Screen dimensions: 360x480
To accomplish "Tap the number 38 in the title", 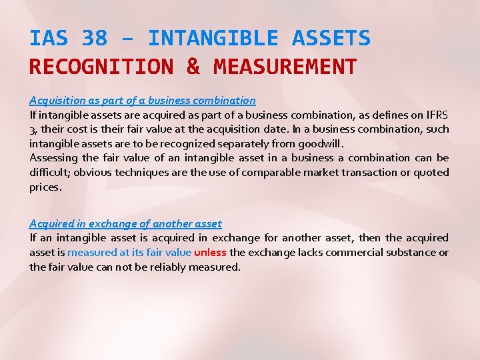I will coord(94,38).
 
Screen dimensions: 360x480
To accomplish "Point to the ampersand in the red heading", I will coord(193,67).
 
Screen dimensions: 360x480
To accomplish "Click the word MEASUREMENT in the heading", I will coord(285,67).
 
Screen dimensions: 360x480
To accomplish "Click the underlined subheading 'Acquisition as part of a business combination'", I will coord(142,101).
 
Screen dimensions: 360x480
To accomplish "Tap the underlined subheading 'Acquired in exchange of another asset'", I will coord(125,224).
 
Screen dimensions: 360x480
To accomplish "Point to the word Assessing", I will coord(53,158).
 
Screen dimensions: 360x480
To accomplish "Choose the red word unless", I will coord(210,253).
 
